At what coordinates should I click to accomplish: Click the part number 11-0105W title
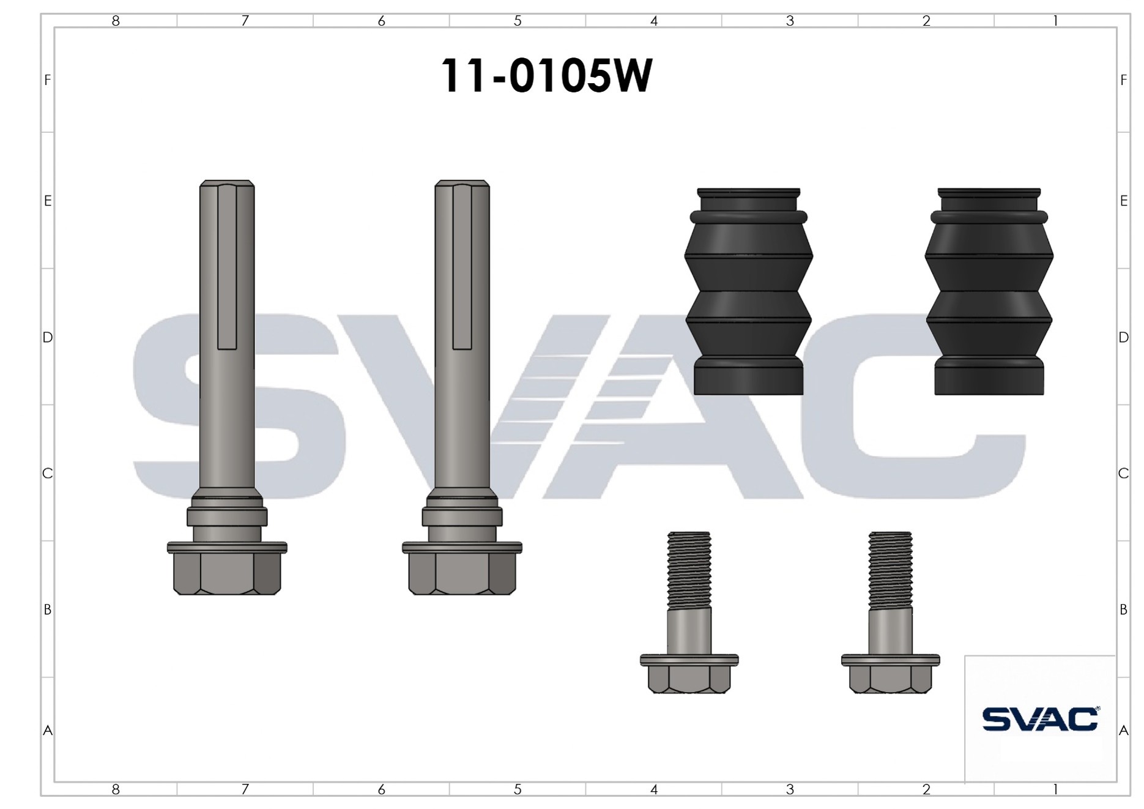click(x=546, y=76)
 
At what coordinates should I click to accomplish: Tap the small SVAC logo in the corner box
click(x=1040, y=718)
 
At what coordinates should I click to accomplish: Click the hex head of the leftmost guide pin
click(x=227, y=573)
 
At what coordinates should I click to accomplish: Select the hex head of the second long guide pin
click(x=462, y=573)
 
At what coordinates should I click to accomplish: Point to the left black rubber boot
click(x=749, y=291)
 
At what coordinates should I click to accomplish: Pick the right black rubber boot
click(x=989, y=291)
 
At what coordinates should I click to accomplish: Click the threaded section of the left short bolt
click(x=689, y=570)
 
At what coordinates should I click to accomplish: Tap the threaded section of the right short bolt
click(x=891, y=570)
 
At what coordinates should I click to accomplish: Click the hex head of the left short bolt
click(x=689, y=679)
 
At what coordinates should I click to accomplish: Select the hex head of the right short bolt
click(x=891, y=679)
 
